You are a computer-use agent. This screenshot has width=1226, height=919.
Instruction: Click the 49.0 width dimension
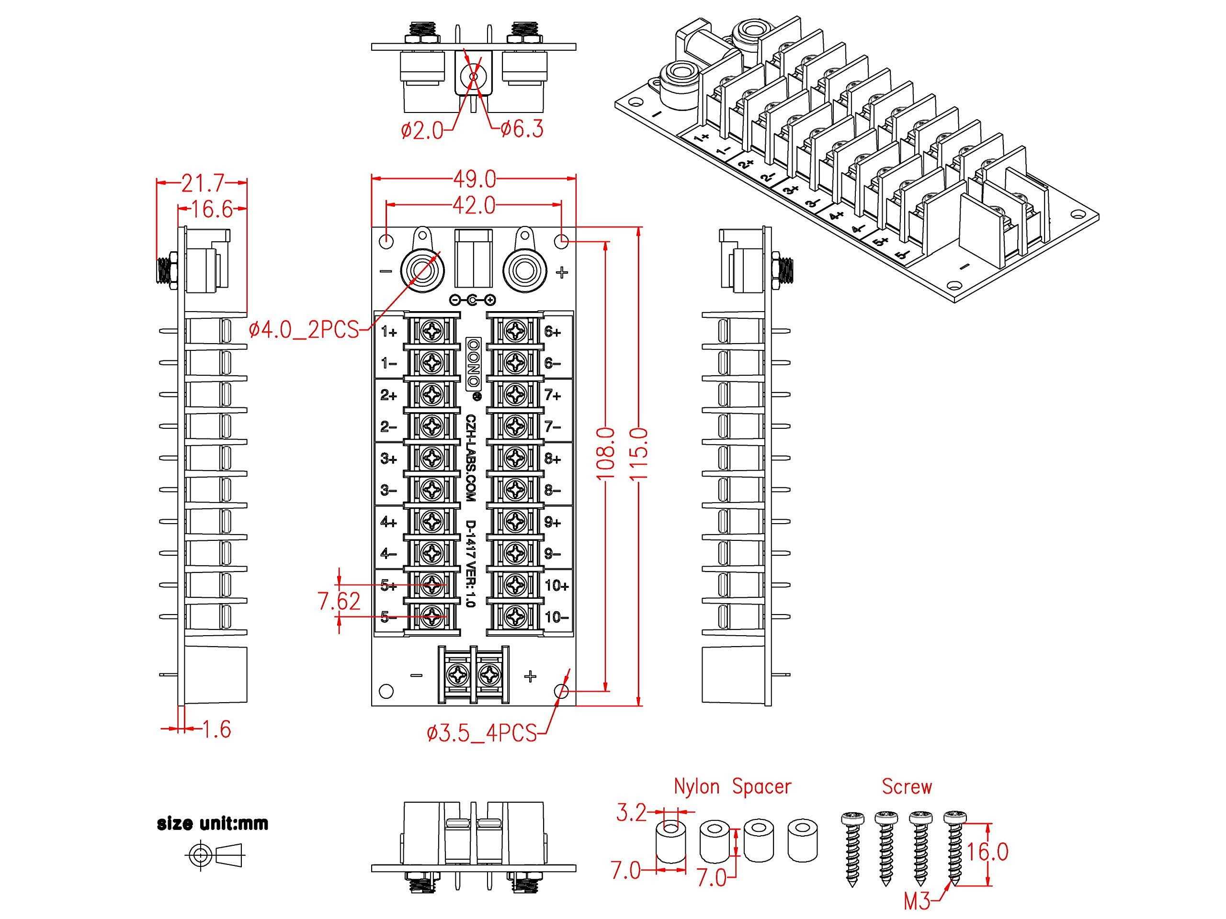[475, 179]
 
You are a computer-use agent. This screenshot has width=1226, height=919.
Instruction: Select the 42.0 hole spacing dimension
[475, 205]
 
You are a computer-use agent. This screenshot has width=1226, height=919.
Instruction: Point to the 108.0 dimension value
[606, 454]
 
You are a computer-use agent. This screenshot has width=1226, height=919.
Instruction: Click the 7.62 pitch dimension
[339, 601]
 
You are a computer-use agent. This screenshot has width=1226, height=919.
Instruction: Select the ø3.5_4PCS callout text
[482, 733]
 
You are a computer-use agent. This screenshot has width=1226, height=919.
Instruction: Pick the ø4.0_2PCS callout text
[304, 331]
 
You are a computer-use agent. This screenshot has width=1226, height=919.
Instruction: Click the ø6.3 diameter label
[522, 129]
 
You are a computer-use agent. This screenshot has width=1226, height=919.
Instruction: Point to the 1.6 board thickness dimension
[216, 729]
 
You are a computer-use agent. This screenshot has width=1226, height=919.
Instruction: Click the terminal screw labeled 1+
[432, 331]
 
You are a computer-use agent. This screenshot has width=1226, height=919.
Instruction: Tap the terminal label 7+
[553, 395]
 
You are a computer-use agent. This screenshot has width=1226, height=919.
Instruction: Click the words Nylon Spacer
[732, 786]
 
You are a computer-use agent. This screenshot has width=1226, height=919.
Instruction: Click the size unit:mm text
[213, 824]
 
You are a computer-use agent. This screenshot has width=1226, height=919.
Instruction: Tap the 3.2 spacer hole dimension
[631, 814]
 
